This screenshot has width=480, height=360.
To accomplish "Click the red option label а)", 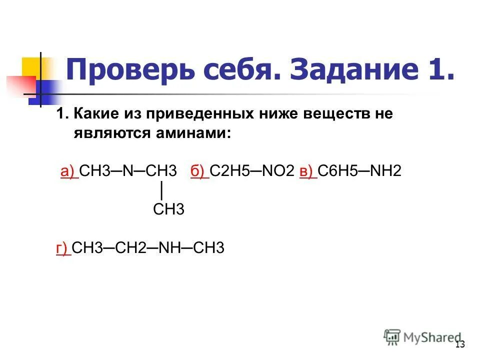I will click(x=68, y=172).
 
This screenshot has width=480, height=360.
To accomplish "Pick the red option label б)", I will click(x=198, y=172).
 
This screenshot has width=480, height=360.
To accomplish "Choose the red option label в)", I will click(x=307, y=172).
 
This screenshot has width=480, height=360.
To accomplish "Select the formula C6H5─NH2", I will click(x=359, y=172).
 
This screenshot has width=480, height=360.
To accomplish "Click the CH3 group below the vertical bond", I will click(x=168, y=209).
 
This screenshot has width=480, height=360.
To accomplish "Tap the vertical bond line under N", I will click(x=161, y=190).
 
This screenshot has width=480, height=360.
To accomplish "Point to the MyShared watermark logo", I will click(x=422, y=337).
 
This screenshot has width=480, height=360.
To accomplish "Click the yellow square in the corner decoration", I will click(x=31, y=67).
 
